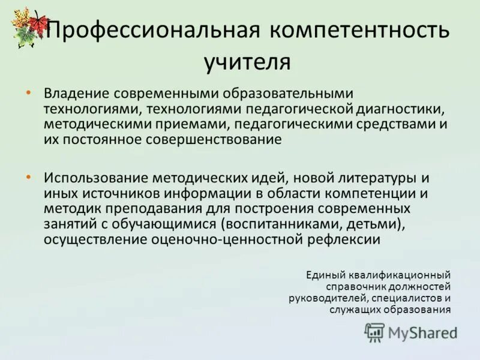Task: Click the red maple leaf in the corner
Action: (38, 23)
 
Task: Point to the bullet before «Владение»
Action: (28, 94)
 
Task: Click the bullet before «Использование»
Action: (28, 178)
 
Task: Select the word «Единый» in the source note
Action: (325, 275)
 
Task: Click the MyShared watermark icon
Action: (375, 332)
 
